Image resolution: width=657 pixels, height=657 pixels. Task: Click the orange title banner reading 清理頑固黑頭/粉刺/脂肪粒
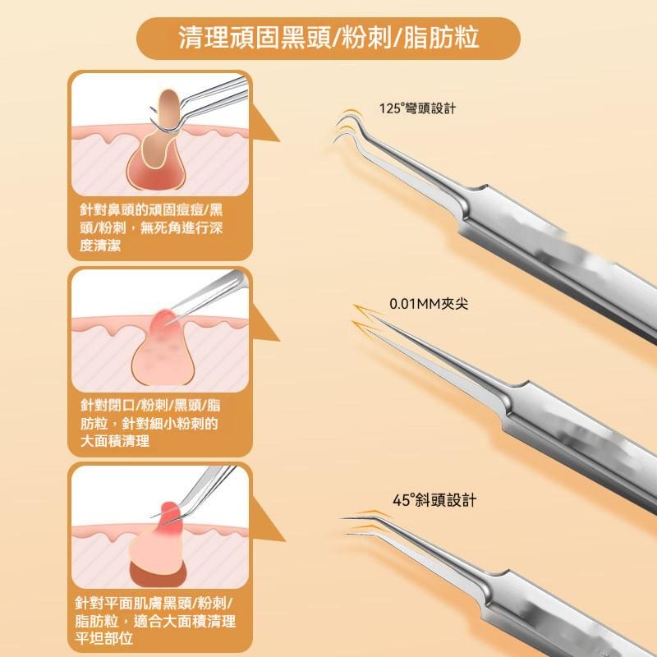[328, 38]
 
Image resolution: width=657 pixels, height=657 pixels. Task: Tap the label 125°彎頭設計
[417, 108]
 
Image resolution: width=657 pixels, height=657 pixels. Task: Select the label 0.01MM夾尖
[430, 305]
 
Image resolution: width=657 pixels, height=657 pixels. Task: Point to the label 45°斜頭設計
[434, 500]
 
